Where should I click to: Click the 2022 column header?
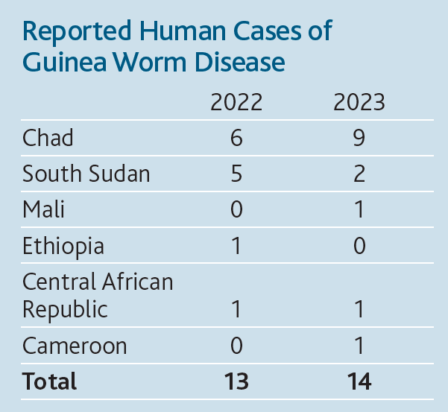tap(236, 102)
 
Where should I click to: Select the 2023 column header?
tap(359, 102)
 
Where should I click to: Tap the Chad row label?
tap(48, 138)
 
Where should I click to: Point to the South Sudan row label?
tap(86, 174)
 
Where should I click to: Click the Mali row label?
tap(43, 209)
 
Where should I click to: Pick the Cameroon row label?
tap(75, 346)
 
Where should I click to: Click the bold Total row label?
tap(49, 381)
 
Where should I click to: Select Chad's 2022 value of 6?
tap(236, 138)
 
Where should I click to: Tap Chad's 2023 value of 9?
tap(359, 138)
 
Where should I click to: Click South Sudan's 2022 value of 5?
tap(236, 174)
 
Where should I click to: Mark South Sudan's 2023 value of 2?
tap(359, 174)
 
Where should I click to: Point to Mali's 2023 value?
tap(359, 209)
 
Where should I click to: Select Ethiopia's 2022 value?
tap(236, 246)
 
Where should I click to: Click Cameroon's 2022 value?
tap(236, 346)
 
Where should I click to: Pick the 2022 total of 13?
tap(236, 381)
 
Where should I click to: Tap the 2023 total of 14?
tap(359, 381)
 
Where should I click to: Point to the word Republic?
tap(65, 309)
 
